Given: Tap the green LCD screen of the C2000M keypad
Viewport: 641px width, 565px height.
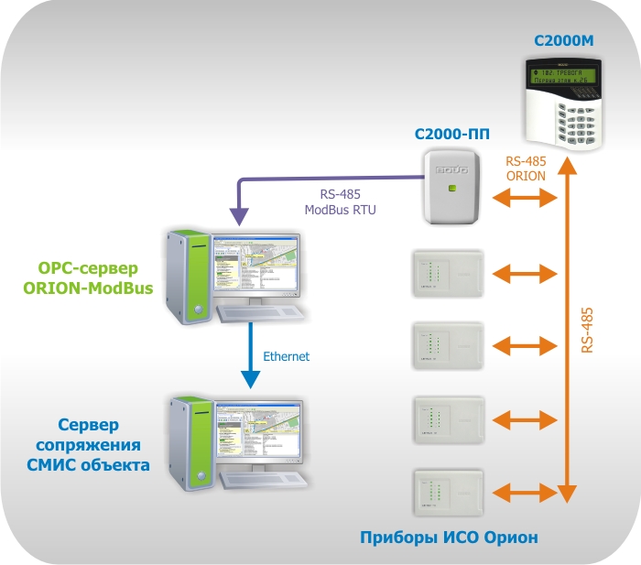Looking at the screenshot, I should pyautogui.click(x=561, y=75).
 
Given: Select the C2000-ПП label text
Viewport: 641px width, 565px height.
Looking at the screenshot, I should pyautogui.click(x=451, y=134).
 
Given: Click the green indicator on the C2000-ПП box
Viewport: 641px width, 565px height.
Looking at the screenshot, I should pyautogui.click(x=451, y=188).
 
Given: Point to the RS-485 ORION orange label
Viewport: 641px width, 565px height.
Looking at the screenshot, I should pyautogui.click(x=526, y=168).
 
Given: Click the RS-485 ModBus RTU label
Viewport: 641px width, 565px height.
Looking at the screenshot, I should pyautogui.click(x=341, y=201).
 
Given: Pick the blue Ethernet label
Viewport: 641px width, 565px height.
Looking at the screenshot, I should pyautogui.click(x=286, y=356).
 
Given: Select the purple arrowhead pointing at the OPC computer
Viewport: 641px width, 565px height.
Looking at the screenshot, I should pyautogui.click(x=239, y=217).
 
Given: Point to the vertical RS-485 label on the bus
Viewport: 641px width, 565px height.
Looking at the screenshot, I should pyautogui.click(x=588, y=330).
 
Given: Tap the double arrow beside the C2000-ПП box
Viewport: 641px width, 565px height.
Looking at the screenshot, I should pyautogui.click(x=526, y=197).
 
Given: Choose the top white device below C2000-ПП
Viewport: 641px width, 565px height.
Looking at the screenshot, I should pyautogui.click(x=447, y=272).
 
